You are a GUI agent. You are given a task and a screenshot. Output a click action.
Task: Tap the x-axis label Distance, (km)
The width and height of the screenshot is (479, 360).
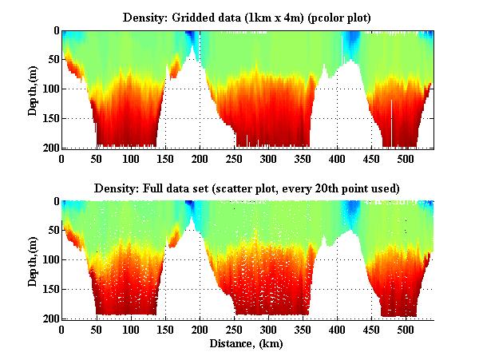coord(247,344)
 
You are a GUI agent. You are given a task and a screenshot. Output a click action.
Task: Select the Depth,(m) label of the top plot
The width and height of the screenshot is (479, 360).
coord(33,89)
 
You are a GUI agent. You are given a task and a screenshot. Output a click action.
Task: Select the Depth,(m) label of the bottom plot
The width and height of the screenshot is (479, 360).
coord(33,260)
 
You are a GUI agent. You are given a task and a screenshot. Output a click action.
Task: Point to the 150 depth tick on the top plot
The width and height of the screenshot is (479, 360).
coord(48,118)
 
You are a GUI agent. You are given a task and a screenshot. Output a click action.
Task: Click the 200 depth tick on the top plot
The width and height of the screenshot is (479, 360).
coord(48,148)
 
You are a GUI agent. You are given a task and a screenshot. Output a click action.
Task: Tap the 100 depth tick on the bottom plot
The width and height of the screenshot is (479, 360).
coord(48,260)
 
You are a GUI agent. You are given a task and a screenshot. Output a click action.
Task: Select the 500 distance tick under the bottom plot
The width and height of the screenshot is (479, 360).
coord(406,330)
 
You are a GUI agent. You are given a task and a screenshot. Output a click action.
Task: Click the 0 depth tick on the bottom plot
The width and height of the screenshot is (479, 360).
coord(53,202)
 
